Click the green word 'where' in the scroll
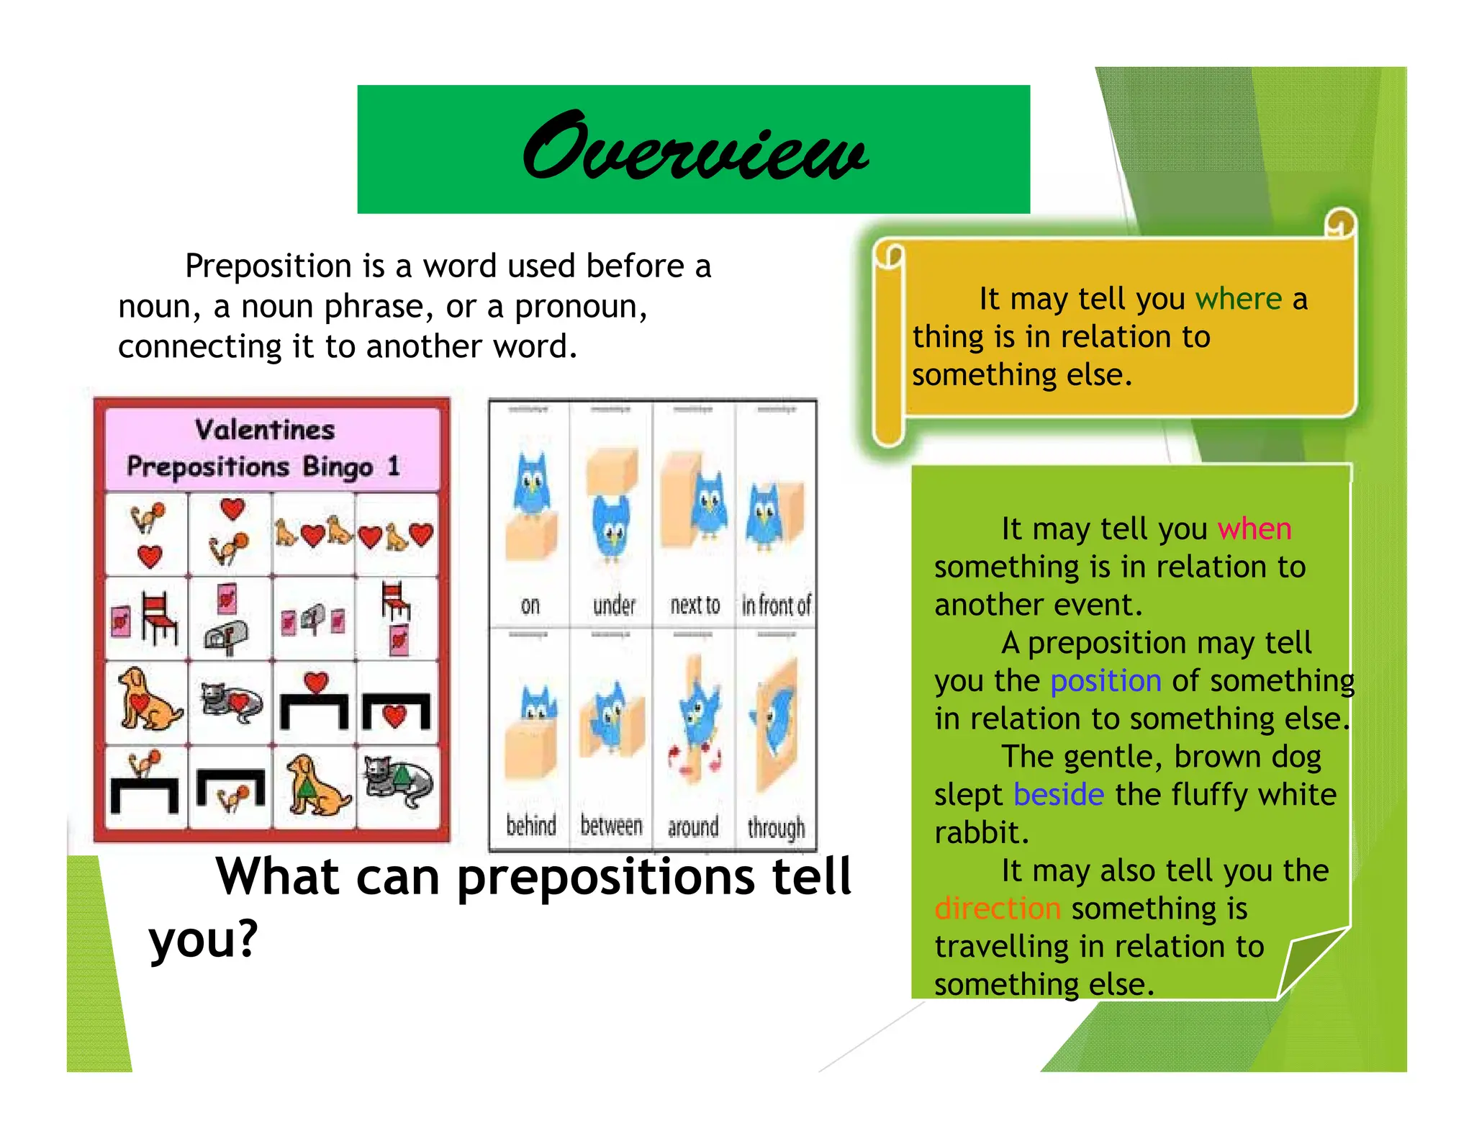point(1238,299)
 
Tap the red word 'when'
point(1254,529)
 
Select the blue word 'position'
point(1105,681)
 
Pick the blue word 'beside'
point(1058,795)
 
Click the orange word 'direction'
point(998,909)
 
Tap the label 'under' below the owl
point(614,605)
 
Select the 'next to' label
point(695,605)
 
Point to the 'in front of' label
point(776,605)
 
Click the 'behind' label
point(531,826)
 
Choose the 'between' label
point(611,826)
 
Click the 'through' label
point(776,828)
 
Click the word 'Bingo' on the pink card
point(338,467)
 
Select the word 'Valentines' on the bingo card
point(265,430)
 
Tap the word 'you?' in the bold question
point(203,940)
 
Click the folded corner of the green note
point(1306,961)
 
